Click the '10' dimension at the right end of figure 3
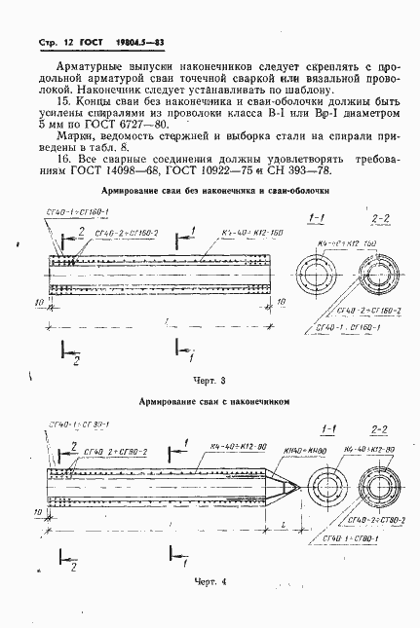click(x=281, y=304)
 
